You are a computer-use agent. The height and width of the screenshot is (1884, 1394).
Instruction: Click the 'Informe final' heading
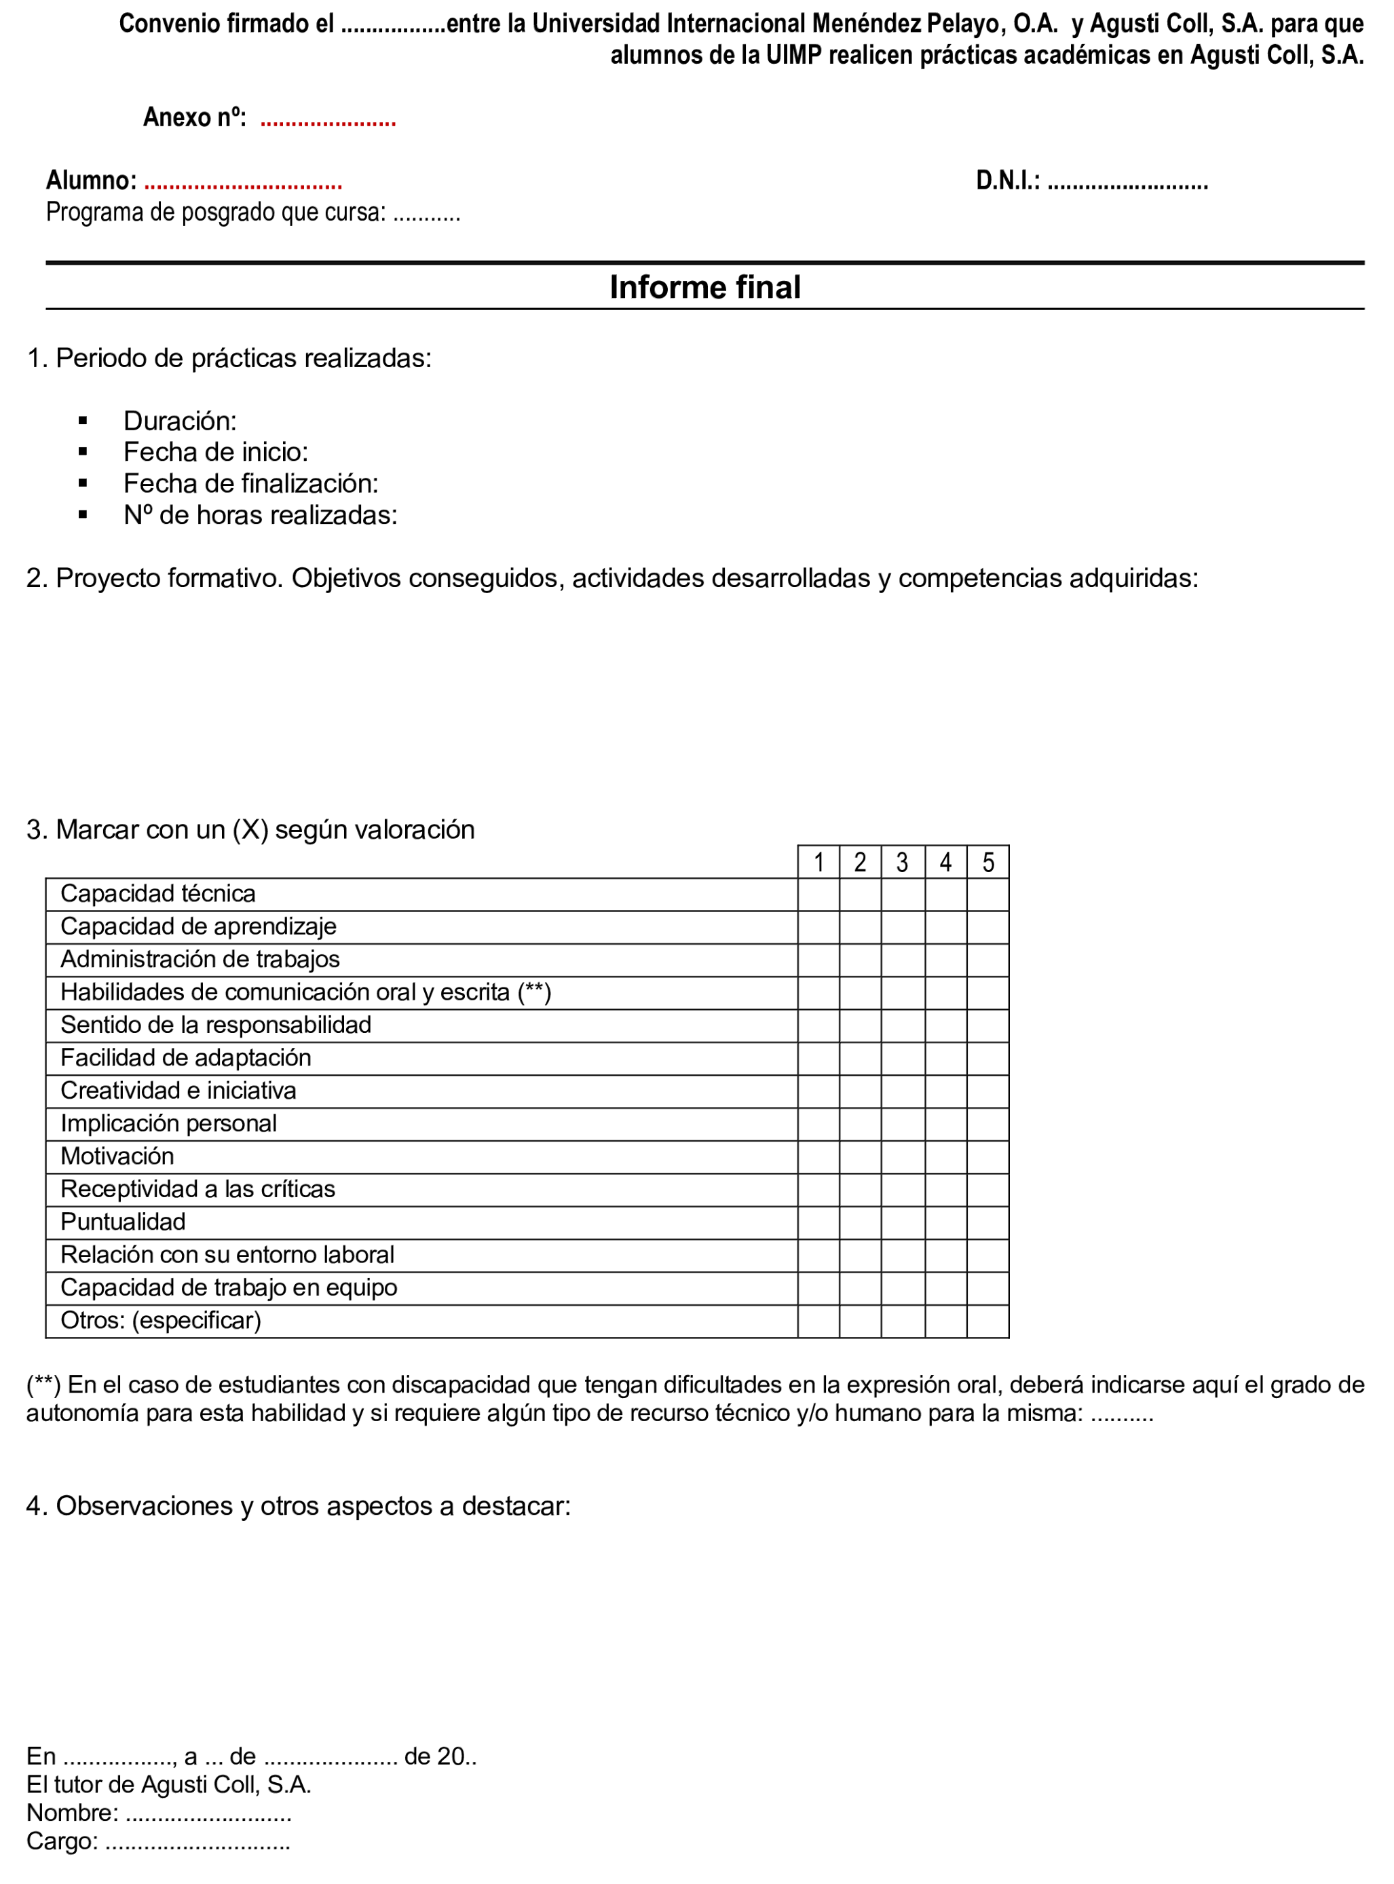point(704,288)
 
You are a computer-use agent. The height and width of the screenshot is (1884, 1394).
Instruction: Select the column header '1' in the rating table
point(818,863)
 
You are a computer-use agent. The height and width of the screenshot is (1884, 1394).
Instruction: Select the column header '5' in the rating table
point(988,863)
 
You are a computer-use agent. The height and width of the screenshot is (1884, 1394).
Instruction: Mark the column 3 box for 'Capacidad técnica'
point(903,894)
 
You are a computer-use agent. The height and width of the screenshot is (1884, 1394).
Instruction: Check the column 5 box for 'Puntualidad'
point(988,1222)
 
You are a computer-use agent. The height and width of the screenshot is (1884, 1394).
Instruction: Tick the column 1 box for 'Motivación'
point(818,1156)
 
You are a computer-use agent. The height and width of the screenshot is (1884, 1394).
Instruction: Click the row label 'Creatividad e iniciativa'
point(178,1091)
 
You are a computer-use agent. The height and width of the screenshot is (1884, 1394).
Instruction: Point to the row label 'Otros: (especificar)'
point(160,1321)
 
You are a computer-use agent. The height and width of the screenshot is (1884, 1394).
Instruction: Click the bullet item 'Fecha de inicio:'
point(215,452)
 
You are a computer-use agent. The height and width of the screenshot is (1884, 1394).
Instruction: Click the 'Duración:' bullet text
point(180,421)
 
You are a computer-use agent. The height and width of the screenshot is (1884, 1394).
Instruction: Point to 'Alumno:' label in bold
point(91,181)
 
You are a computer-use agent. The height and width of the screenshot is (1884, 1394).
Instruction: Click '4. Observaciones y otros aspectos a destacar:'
point(298,1505)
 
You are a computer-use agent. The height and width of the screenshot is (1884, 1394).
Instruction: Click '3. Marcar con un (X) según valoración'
point(250,829)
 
